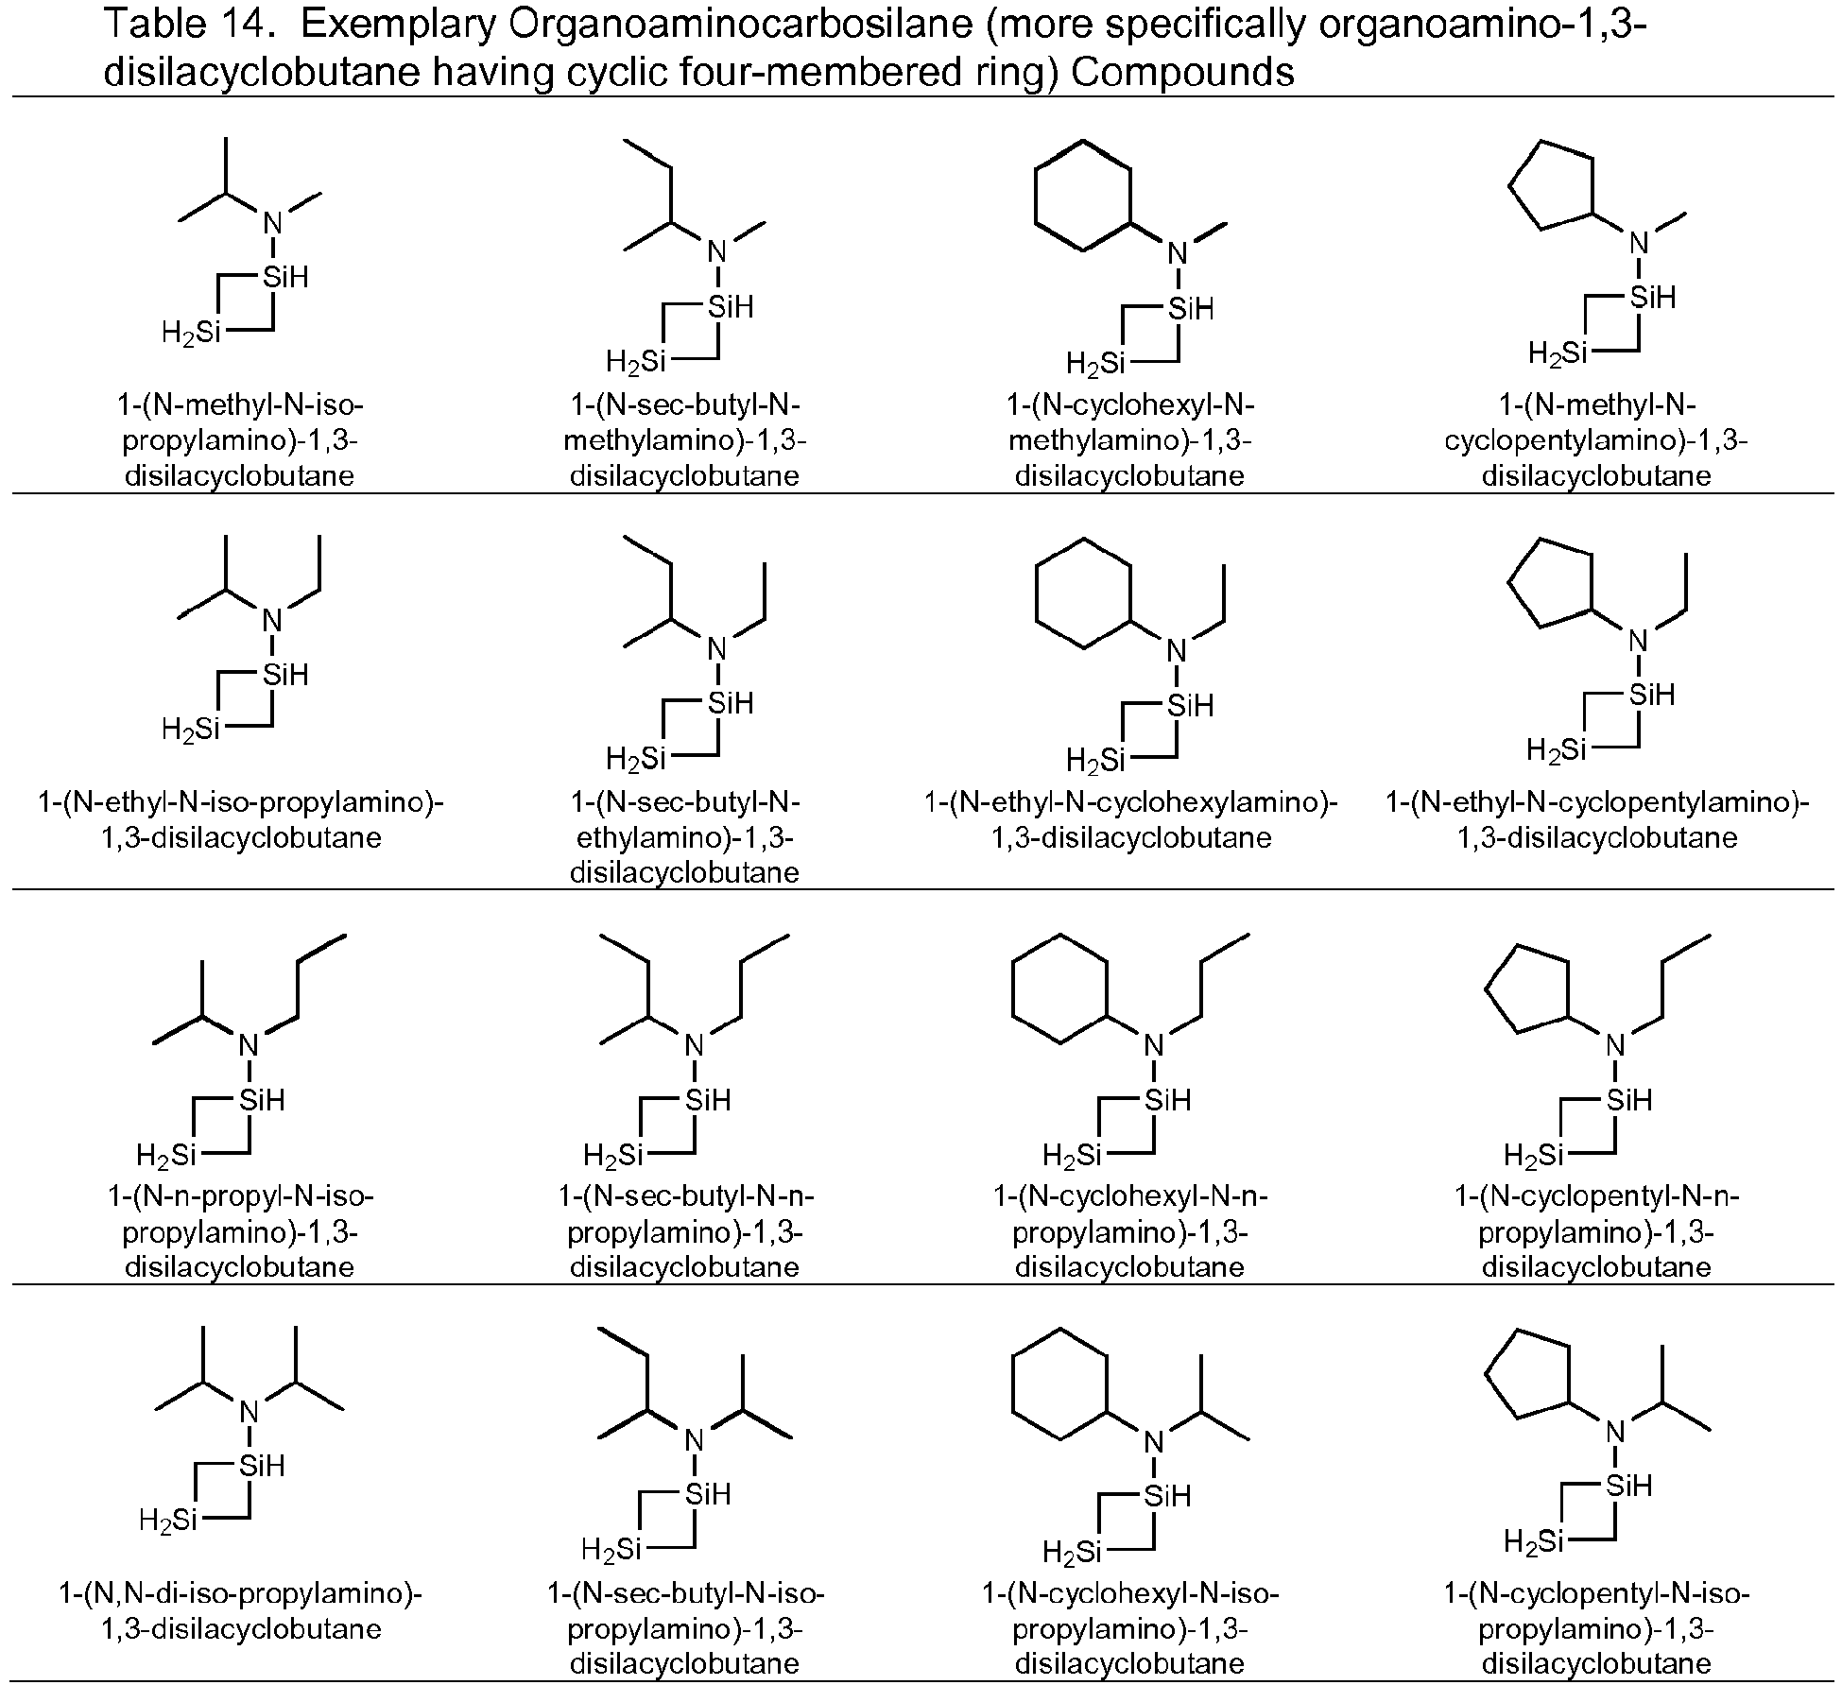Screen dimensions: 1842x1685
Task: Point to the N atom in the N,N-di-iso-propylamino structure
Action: tap(249, 1412)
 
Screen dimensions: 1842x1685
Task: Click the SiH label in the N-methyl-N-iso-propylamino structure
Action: tap(285, 277)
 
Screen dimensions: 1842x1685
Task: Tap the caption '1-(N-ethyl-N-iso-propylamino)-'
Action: tap(241, 802)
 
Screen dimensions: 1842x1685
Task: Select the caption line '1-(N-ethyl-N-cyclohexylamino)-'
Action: tap(1130, 802)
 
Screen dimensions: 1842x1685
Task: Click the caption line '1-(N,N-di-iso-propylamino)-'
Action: tap(241, 1593)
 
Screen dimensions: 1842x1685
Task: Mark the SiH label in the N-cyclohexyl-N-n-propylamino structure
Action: tap(1167, 1100)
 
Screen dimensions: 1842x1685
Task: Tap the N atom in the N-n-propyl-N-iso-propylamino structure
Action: tap(249, 1044)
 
